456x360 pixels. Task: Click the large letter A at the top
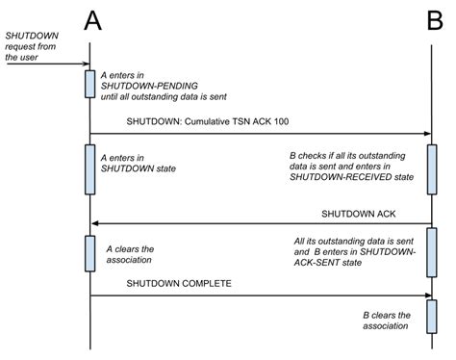(91, 19)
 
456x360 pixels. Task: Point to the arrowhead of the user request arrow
(84, 65)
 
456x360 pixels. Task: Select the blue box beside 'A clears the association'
(89, 253)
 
